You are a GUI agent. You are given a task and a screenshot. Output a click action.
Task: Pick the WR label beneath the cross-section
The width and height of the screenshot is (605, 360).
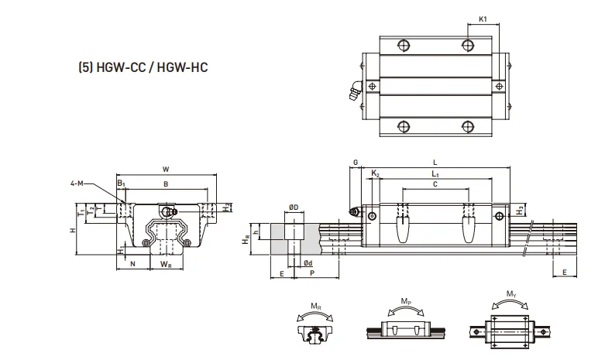point(166,266)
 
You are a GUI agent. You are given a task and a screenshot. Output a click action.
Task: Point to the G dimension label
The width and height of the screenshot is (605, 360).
point(354,163)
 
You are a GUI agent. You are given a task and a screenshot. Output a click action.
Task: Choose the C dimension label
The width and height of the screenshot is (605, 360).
point(435,186)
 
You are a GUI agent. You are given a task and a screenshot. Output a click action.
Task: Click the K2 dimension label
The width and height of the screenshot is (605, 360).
point(375,175)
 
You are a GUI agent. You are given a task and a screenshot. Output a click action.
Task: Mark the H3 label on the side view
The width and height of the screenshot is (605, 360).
point(521,209)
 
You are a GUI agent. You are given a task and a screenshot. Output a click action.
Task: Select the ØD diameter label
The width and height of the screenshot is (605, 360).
point(294,207)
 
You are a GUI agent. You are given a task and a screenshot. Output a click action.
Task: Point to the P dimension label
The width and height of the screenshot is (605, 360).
point(311,274)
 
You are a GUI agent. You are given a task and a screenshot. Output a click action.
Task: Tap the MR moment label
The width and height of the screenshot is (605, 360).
point(315,305)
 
